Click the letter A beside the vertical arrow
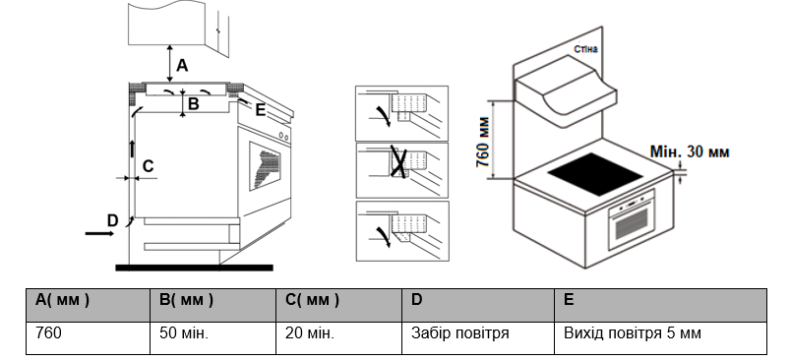tap(182, 66)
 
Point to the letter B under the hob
tap(193, 103)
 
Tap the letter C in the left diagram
tap(148, 166)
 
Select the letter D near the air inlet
tap(112, 220)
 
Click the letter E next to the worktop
tap(260, 110)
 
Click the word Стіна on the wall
tap(586, 49)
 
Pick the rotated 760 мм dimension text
tap(483, 142)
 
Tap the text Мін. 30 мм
tap(690, 151)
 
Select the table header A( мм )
tap(63, 300)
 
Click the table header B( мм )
tap(186, 300)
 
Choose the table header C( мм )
tap(313, 300)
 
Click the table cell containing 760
tap(48, 332)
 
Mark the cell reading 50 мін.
tap(184, 332)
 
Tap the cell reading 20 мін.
tap(310, 332)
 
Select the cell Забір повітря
tap(460, 332)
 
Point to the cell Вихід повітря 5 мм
tap(633, 332)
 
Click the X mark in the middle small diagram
tap(398, 163)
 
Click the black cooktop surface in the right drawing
tap(595, 175)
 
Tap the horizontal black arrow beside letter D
tap(99, 234)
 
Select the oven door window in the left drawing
tap(265, 165)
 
